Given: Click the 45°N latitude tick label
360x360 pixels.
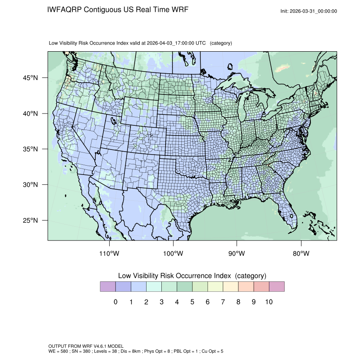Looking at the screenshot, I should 30,78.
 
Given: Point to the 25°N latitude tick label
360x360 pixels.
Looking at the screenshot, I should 30,221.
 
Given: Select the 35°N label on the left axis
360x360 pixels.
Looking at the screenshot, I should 30,150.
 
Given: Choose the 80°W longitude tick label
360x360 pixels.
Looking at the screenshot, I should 301,254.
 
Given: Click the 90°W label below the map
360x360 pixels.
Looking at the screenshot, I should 237,254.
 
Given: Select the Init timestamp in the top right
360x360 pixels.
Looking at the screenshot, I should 309,11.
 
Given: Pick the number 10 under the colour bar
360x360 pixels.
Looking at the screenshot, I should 269,302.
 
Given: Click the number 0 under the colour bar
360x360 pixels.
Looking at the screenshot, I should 115,302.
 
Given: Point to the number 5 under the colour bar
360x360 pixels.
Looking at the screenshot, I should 192,302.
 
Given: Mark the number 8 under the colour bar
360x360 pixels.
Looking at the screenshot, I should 238,302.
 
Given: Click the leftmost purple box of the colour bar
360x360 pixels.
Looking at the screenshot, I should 108,287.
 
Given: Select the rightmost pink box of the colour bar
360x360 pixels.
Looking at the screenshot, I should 277,287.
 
